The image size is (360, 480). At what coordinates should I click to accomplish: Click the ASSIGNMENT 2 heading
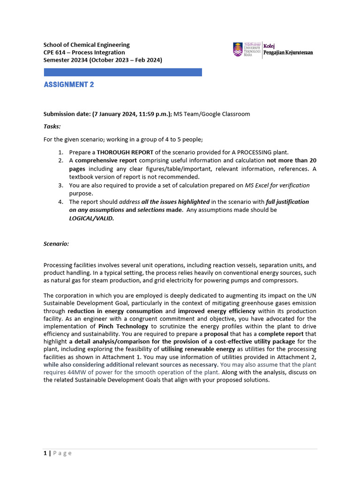point(69,85)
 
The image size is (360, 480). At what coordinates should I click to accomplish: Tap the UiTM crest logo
point(238,49)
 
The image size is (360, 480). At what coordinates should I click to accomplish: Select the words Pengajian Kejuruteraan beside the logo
point(288,52)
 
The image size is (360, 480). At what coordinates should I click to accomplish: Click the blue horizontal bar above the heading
point(123,72)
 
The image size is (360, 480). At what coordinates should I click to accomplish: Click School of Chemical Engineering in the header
point(87,45)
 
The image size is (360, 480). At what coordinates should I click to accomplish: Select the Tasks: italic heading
point(52,127)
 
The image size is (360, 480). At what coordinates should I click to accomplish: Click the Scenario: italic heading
point(56,244)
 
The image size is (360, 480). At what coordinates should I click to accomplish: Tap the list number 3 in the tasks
point(60,185)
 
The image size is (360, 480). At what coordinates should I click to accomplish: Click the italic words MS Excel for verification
point(277,185)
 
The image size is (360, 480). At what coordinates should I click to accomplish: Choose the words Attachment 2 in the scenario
point(299,357)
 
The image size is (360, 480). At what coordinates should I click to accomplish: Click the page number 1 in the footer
point(45,453)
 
